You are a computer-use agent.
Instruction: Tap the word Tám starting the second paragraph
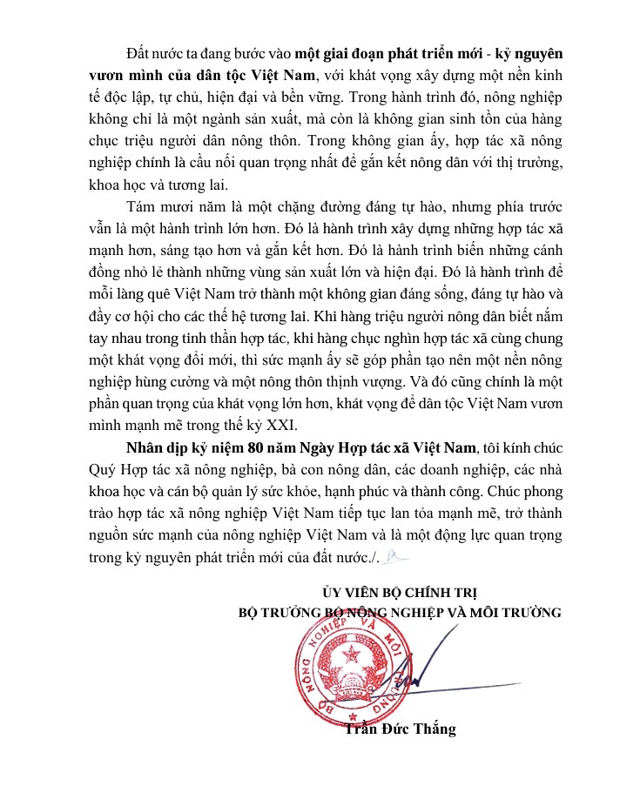point(142,206)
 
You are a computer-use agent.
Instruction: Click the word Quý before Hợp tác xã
point(104,471)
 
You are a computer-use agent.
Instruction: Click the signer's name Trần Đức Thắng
point(400,728)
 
